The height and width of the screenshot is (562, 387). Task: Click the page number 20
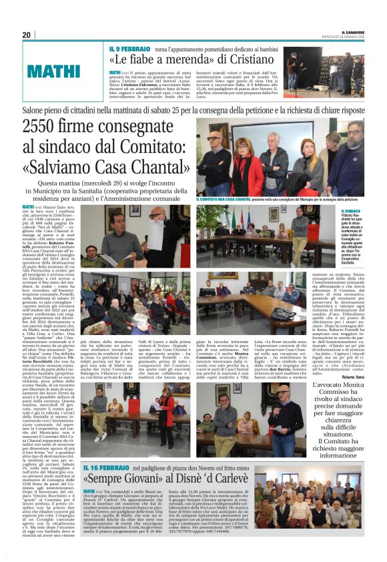(x=26, y=35)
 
